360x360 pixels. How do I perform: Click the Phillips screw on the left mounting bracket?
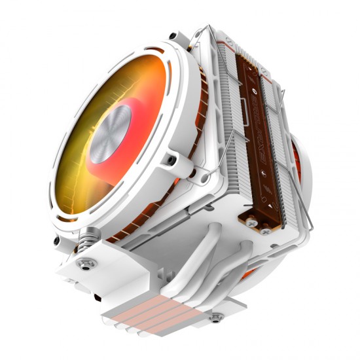[x=84, y=264]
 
